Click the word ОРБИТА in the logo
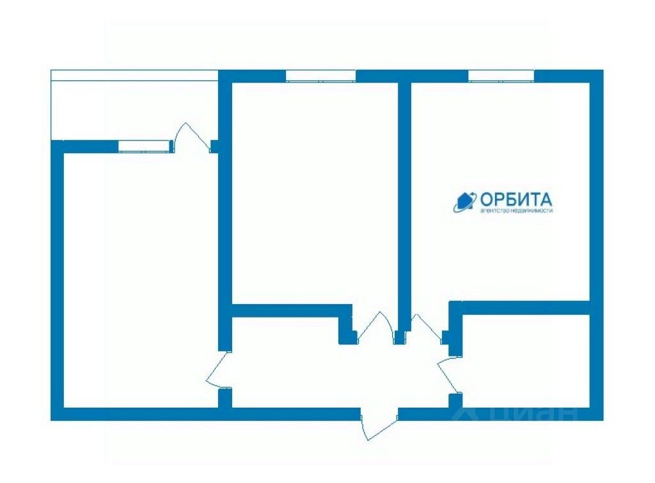point(516,199)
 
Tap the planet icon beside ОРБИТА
point(464,201)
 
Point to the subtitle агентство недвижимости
point(516,211)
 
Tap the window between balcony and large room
point(145,146)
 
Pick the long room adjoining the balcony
point(141,275)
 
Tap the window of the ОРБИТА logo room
point(501,75)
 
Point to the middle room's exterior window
point(320,75)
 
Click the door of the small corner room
point(449,374)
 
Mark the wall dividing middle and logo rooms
point(404,192)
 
